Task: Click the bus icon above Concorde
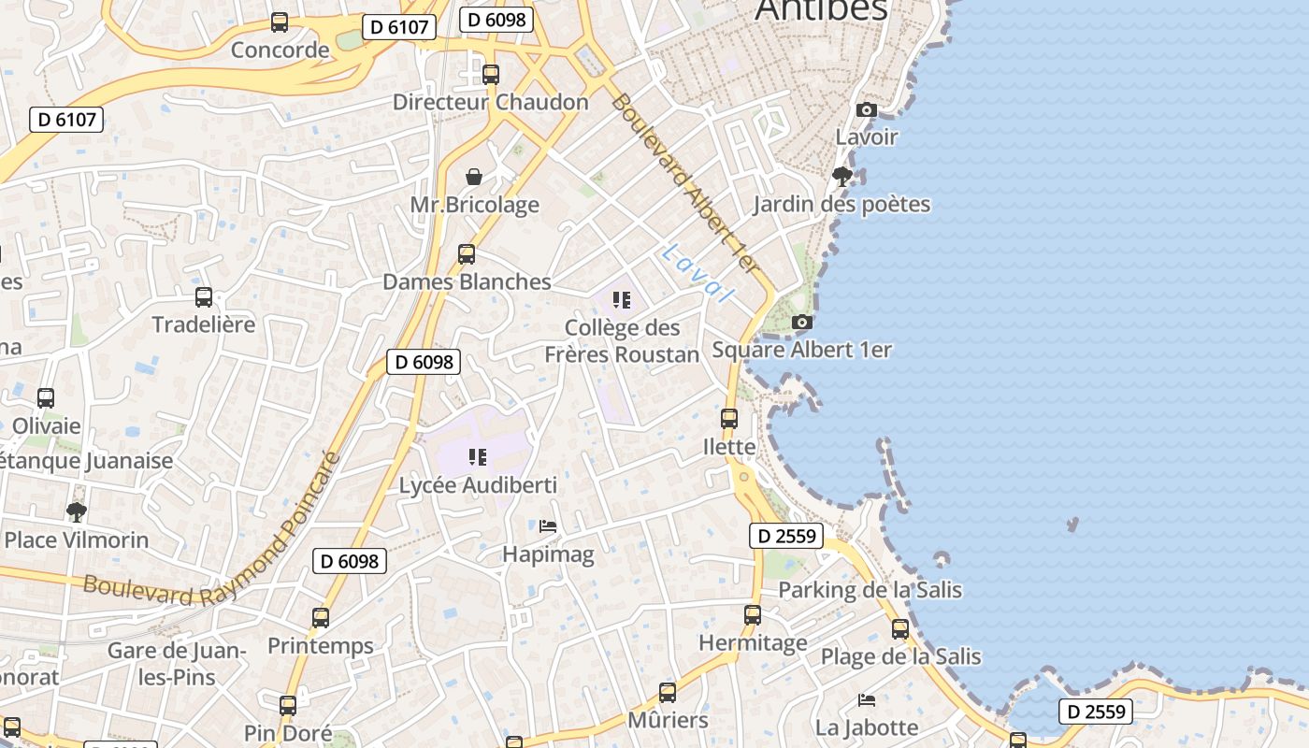[x=279, y=22]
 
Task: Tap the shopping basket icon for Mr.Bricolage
[x=474, y=177]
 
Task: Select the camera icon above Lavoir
[x=866, y=109]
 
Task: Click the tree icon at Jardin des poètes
[x=841, y=176]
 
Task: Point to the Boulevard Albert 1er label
[x=684, y=183]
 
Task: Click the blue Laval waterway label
[x=698, y=273]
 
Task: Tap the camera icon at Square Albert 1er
[x=801, y=322]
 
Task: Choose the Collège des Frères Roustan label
[x=622, y=341]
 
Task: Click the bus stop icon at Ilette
[x=729, y=418]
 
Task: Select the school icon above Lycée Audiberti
[x=478, y=457]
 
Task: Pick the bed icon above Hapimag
[x=548, y=526]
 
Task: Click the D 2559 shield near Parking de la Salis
[x=786, y=536]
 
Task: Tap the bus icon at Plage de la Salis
[x=900, y=628]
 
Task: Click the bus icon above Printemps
[x=321, y=617]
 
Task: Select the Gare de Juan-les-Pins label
[x=177, y=663]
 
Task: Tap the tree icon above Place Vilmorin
[x=77, y=511]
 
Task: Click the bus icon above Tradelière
[x=204, y=297]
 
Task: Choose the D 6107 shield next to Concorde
[x=399, y=27]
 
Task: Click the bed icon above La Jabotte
[x=867, y=699]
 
